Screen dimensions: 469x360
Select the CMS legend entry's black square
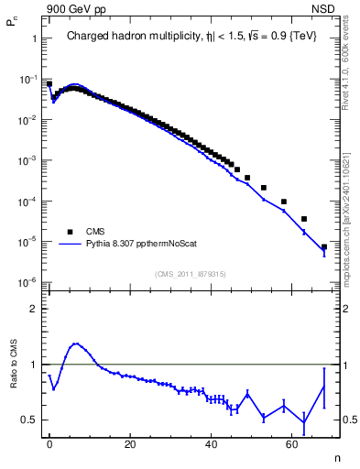(70, 232)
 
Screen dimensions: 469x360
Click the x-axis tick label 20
(130, 443)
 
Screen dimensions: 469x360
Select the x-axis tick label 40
(212, 443)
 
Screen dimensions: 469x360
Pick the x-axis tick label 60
(292, 443)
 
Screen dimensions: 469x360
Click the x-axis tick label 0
(49, 443)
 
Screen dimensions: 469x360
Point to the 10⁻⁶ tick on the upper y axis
(29, 281)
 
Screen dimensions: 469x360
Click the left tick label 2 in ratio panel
(35, 309)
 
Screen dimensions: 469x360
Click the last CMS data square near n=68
(324, 247)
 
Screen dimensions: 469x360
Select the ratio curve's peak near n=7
(76, 344)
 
